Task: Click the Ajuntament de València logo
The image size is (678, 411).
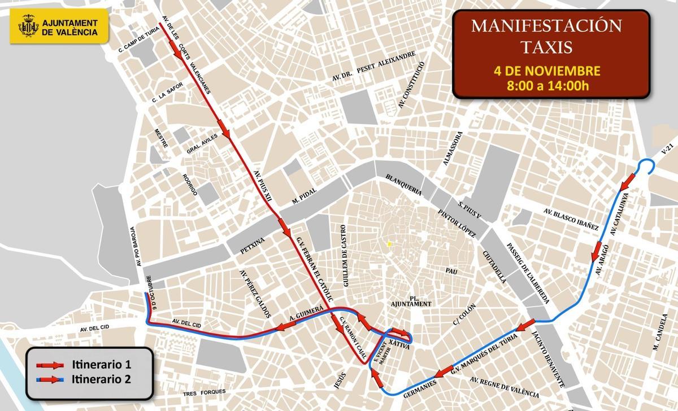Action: pyautogui.click(x=58, y=27)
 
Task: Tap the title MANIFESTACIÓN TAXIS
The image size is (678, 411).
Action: pyautogui.click(x=546, y=36)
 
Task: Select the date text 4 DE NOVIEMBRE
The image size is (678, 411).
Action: pyautogui.click(x=546, y=71)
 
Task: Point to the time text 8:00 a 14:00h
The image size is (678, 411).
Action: pyautogui.click(x=546, y=86)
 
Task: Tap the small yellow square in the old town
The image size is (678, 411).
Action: pyautogui.click(x=389, y=244)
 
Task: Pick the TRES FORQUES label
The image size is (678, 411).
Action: pyautogui.click(x=204, y=392)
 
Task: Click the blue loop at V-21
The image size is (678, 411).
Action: pyautogui.click(x=646, y=167)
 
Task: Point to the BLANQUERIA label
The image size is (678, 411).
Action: pyautogui.click(x=403, y=183)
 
